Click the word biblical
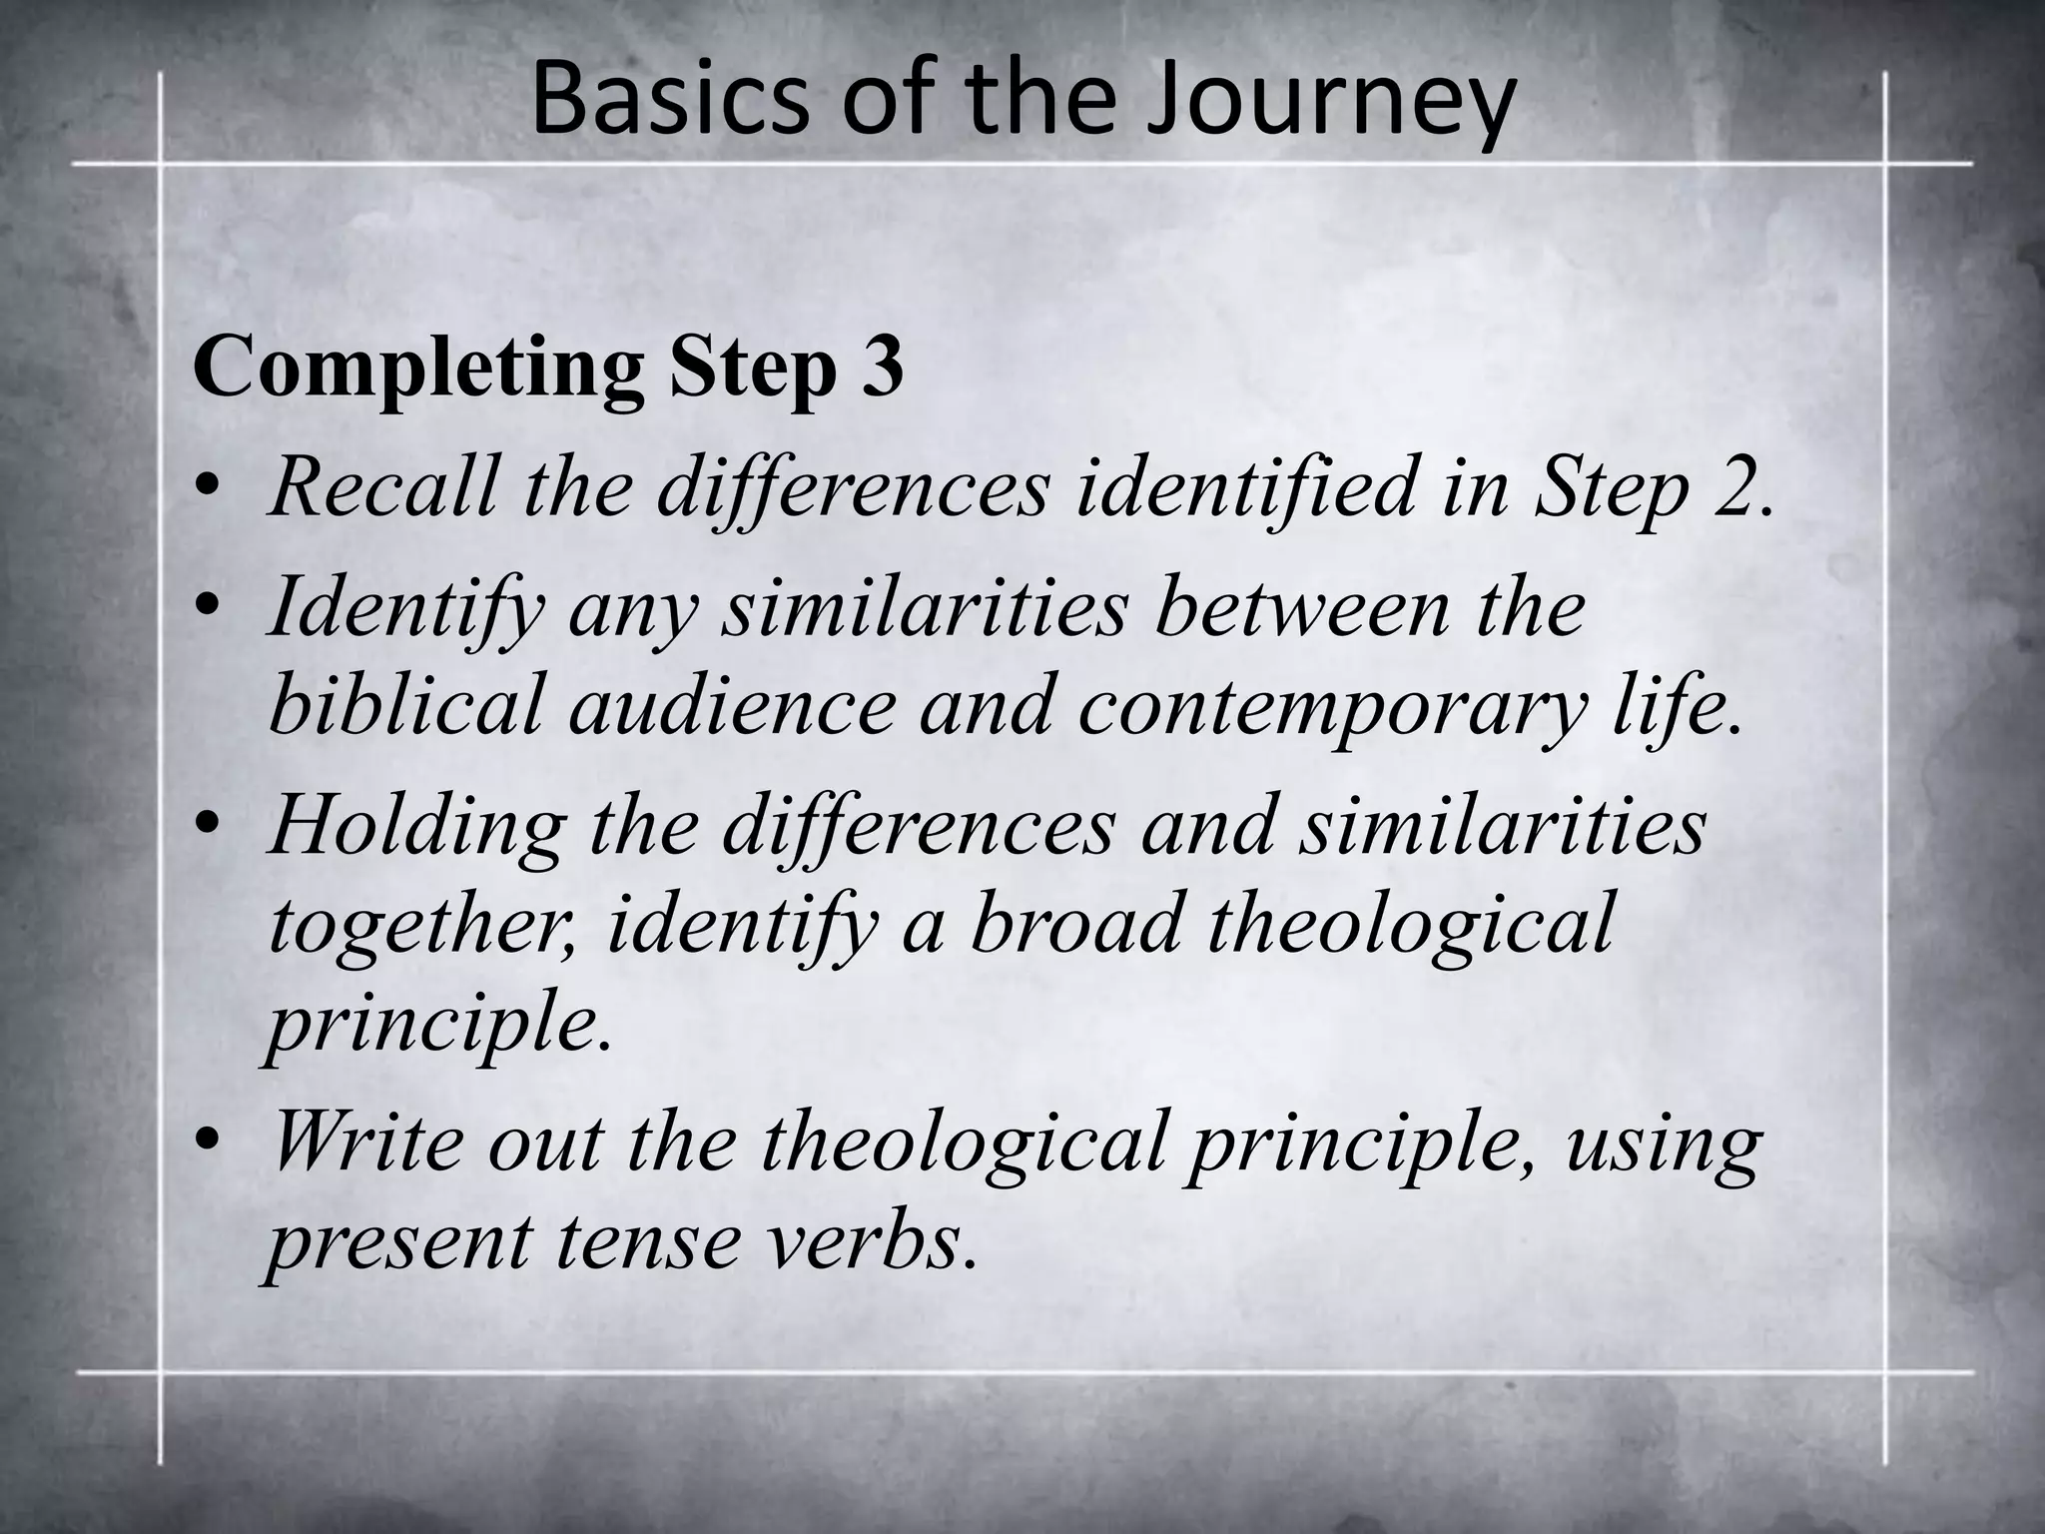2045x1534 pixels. coord(405,705)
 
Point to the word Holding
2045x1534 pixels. coord(415,827)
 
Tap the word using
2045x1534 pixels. coord(1662,1145)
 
